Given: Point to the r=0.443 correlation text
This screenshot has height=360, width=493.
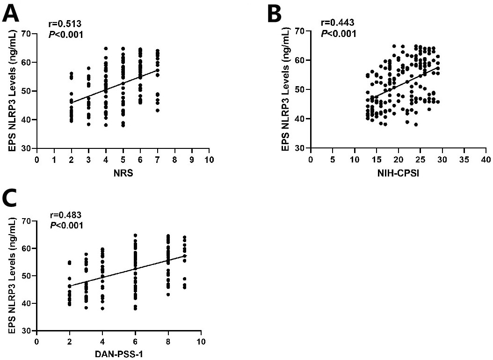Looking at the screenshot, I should pyautogui.click(x=335, y=22).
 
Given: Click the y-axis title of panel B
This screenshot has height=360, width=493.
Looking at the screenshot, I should pyautogui.click(x=286, y=89).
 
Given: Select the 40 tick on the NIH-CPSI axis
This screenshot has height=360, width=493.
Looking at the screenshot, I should pyautogui.click(x=486, y=159).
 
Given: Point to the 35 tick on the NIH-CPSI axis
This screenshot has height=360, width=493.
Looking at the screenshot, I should pyautogui.click(x=464, y=159).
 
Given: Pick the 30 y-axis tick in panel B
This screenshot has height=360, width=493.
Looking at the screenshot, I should pyautogui.click(x=300, y=148).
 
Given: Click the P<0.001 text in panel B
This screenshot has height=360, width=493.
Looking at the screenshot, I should pyautogui.click(x=338, y=34).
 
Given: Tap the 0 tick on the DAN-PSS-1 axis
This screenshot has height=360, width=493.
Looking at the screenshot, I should pyautogui.click(x=36, y=342).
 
